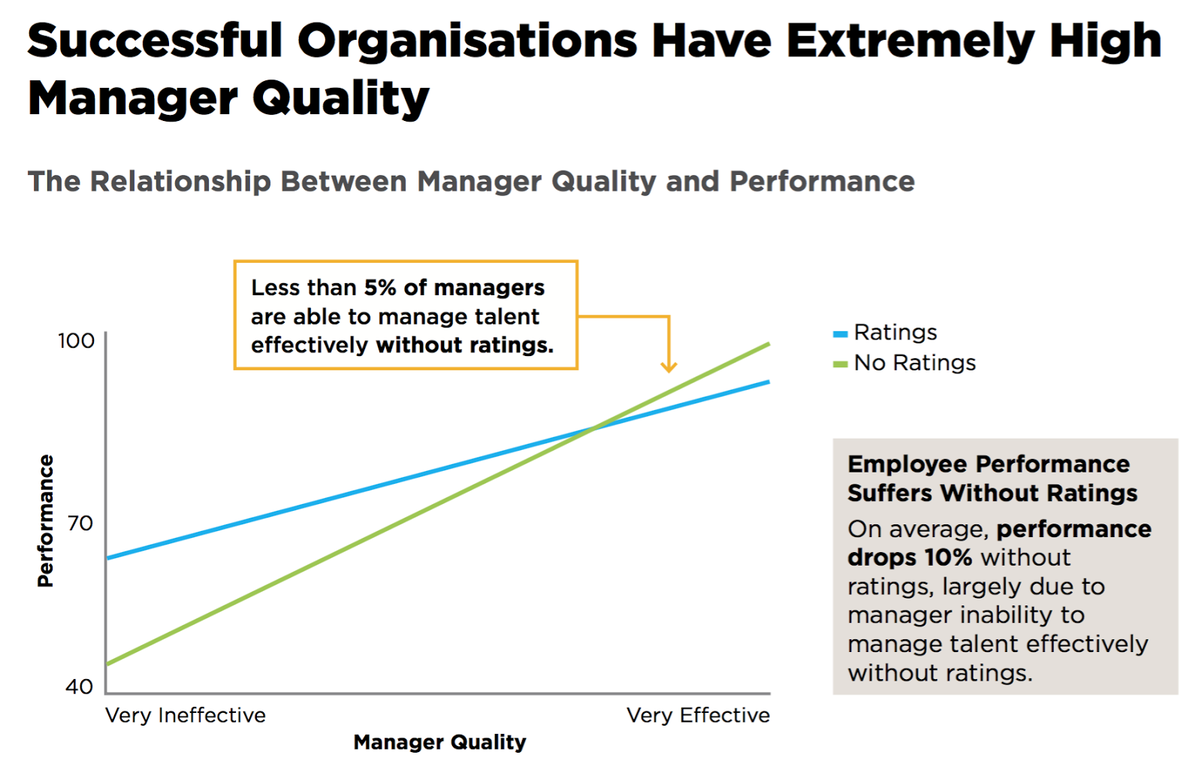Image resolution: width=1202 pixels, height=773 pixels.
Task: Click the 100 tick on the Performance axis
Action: (77, 341)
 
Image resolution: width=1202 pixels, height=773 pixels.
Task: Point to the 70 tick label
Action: (80, 523)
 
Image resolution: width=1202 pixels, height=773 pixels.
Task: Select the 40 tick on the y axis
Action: (79, 686)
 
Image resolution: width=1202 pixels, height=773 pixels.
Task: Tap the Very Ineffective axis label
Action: (186, 715)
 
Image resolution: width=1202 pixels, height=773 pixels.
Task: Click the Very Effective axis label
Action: (698, 715)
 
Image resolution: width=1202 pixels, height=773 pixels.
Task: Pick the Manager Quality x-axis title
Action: (439, 742)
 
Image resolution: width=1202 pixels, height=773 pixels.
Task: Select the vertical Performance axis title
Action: (46, 521)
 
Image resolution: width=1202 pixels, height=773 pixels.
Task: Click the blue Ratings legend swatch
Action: (841, 334)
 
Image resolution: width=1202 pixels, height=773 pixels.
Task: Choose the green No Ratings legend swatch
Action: (841, 364)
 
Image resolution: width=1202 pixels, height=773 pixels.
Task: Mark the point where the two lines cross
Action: (593, 428)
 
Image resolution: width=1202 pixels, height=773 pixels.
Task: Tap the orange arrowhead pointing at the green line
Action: (669, 367)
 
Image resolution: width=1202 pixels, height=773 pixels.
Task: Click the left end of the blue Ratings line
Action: (108, 558)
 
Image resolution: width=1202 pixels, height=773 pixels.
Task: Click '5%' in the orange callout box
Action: (380, 288)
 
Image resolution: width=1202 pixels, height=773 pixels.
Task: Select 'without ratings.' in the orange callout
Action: (464, 346)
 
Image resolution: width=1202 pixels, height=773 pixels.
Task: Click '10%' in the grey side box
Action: (948, 557)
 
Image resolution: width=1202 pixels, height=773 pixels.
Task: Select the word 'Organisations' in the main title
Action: (467, 41)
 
